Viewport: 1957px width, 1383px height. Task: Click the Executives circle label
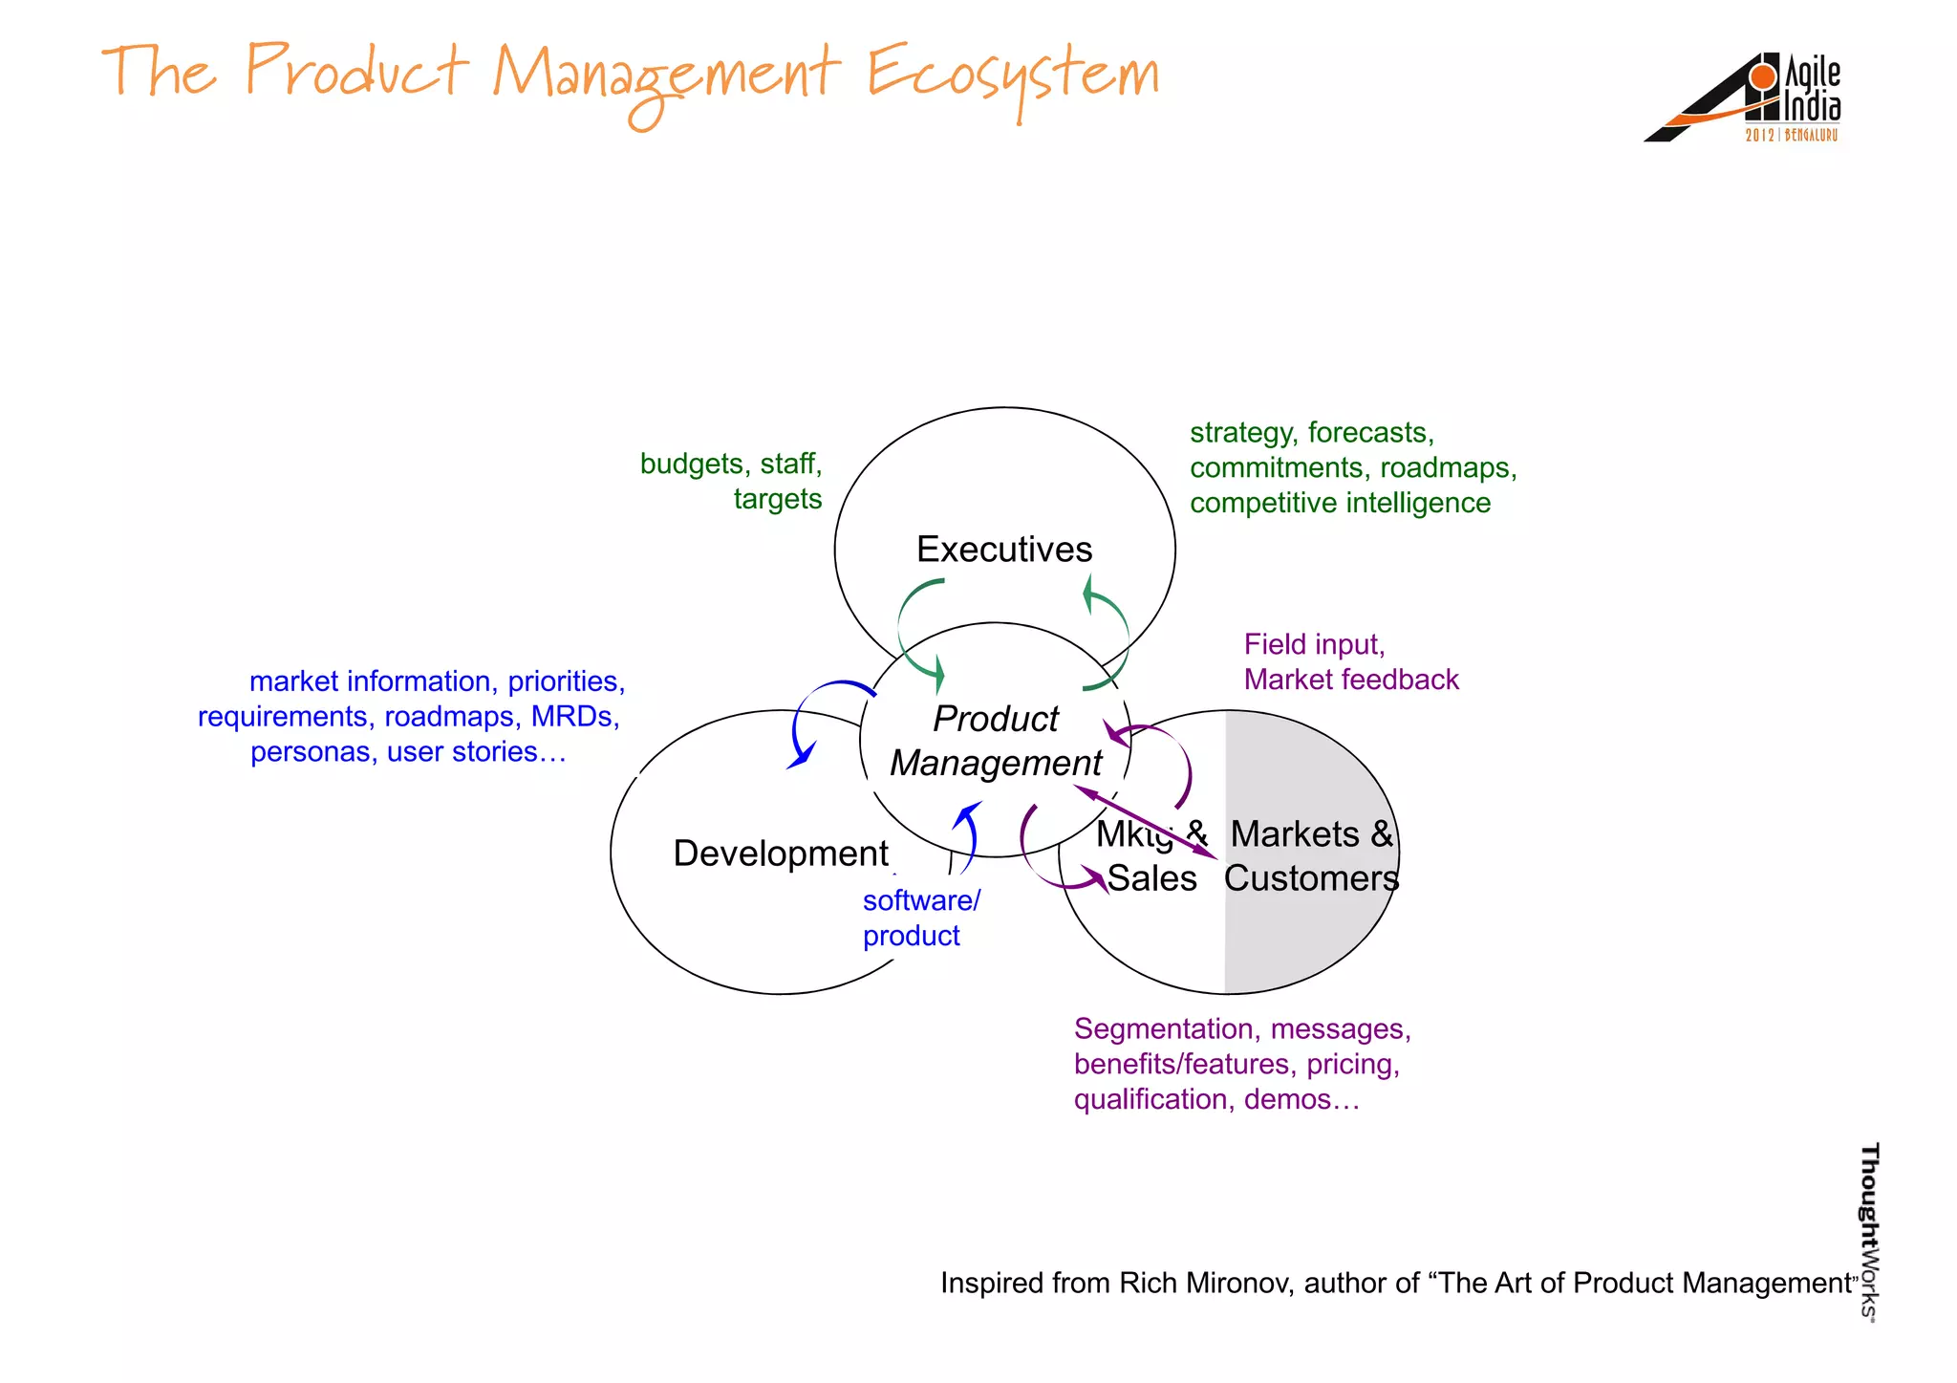click(x=1003, y=550)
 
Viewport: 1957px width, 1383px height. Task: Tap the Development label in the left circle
click(x=780, y=853)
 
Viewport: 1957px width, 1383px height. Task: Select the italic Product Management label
click(x=996, y=741)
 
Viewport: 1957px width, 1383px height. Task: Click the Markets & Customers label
click(x=1311, y=855)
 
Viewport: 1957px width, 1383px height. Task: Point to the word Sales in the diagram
click(x=1151, y=878)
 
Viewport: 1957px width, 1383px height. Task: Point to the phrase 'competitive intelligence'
click(x=1340, y=503)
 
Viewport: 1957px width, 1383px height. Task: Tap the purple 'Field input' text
click(x=1314, y=644)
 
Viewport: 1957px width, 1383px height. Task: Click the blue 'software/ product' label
click(x=920, y=918)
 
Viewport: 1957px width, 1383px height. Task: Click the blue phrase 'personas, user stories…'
click(x=408, y=752)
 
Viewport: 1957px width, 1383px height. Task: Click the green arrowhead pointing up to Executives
click(x=1087, y=594)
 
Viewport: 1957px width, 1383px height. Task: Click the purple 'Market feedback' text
click(x=1351, y=680)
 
